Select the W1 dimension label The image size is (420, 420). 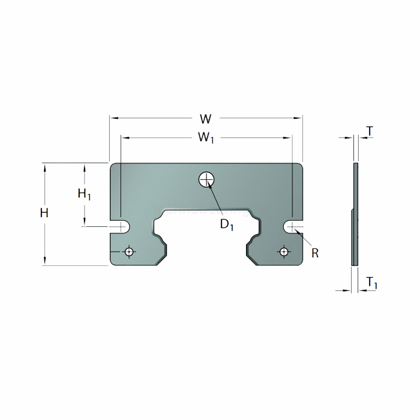point(206,138)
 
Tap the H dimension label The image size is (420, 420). point(44,212)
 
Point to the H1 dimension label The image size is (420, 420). point(84,193)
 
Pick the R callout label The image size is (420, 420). point(315,253)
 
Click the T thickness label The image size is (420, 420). point(370,131)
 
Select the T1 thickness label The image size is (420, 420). point(371,282)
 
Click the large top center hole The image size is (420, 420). point(206,178)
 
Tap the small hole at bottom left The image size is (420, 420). point(129,251)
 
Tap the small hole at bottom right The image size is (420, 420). point(284,251)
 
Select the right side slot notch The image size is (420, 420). point(292,226)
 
